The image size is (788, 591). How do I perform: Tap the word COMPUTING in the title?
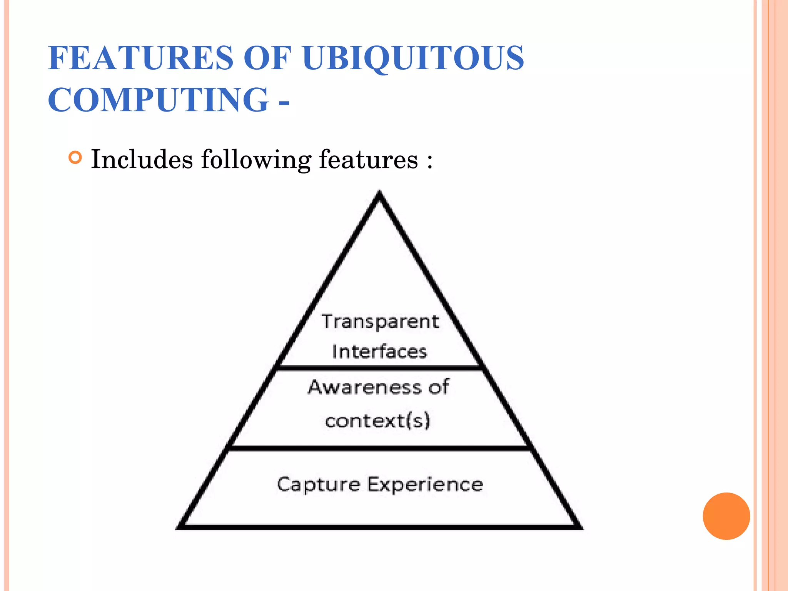click(158, 100)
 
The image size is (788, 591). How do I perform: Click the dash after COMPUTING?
click(284, 103)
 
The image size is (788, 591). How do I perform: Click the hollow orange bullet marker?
click(75, 158)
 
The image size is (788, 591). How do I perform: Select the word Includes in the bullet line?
click(142, 159)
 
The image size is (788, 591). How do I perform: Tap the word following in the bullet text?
click(256, 160)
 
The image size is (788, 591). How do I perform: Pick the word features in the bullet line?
click(368, 159)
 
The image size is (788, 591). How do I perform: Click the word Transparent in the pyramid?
click(380, 322)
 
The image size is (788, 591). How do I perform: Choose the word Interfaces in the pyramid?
click(379, 352)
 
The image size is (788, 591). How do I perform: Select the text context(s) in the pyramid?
click(377, 421)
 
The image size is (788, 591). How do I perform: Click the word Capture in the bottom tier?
click(319, 484)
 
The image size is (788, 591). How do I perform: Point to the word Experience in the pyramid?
click(425, 484)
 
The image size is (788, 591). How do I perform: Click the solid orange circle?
click(726, 516)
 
